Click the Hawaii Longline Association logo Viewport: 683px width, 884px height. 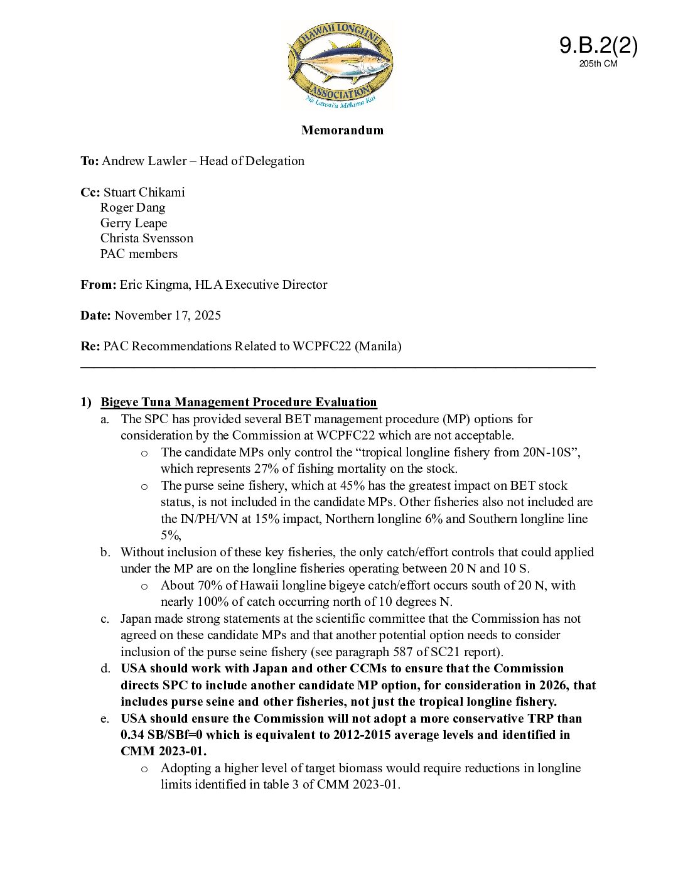[341, 65]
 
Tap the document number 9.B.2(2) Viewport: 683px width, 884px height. [598, 45]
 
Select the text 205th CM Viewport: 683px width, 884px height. [598, 63]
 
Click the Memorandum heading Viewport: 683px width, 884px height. [342, 130]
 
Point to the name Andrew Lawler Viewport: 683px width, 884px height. [144, 161]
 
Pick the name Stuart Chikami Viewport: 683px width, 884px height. [144, 192]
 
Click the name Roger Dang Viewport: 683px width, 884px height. [132, 207]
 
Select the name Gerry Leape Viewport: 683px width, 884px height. [134, 223]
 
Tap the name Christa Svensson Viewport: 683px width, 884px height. [146, 238]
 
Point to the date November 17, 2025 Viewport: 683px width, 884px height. [168, 315]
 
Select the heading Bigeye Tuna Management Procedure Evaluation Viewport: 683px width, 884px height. [239, 402]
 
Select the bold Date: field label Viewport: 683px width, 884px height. [95, 315]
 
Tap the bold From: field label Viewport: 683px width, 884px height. [98, 284]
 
